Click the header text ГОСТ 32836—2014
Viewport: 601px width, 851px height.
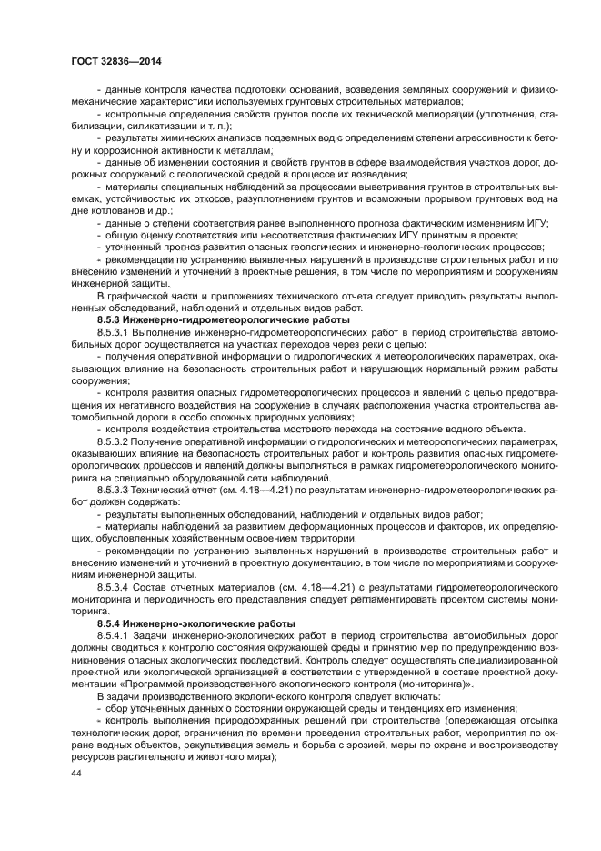click(109, 61)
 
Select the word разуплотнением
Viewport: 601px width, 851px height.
click(285, 198)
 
